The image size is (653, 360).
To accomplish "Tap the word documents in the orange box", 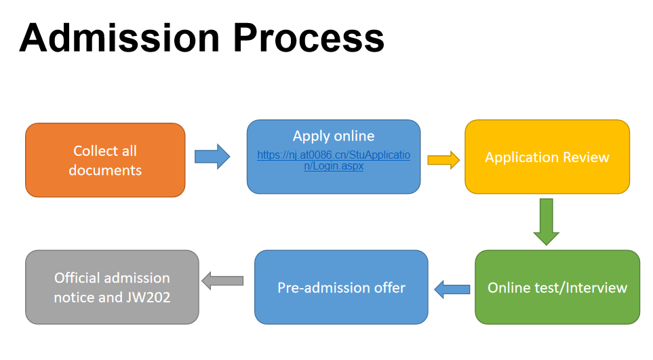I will pos(105,170).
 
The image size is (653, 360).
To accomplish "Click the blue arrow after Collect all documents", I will pos(212,157).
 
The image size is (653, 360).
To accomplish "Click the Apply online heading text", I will pos(333,136).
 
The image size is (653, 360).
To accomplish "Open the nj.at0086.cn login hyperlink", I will pos(333,160).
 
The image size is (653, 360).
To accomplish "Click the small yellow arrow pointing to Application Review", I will pos(443,160).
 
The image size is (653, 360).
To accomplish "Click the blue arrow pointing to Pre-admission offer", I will pos(452,289).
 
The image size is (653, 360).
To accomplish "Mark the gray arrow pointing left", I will pos(222,281).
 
